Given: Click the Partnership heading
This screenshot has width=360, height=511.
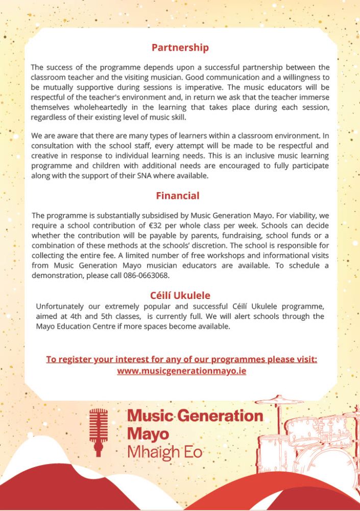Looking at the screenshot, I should (x=180, y=48).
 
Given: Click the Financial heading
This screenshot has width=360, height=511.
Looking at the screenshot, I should (x=178, y=196).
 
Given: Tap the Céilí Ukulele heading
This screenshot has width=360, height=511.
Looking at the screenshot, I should (x=180, y=295).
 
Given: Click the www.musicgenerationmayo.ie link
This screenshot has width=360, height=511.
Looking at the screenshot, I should (x=181, y=370).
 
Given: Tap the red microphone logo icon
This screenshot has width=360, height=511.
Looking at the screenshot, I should (x=98, y=432).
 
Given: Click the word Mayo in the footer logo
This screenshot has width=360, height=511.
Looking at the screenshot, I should (x=148, y=434).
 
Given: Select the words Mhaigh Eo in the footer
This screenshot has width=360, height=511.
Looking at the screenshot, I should (x=164, y=452).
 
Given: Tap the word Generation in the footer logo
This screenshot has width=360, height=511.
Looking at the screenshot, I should (x=214, y=415).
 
